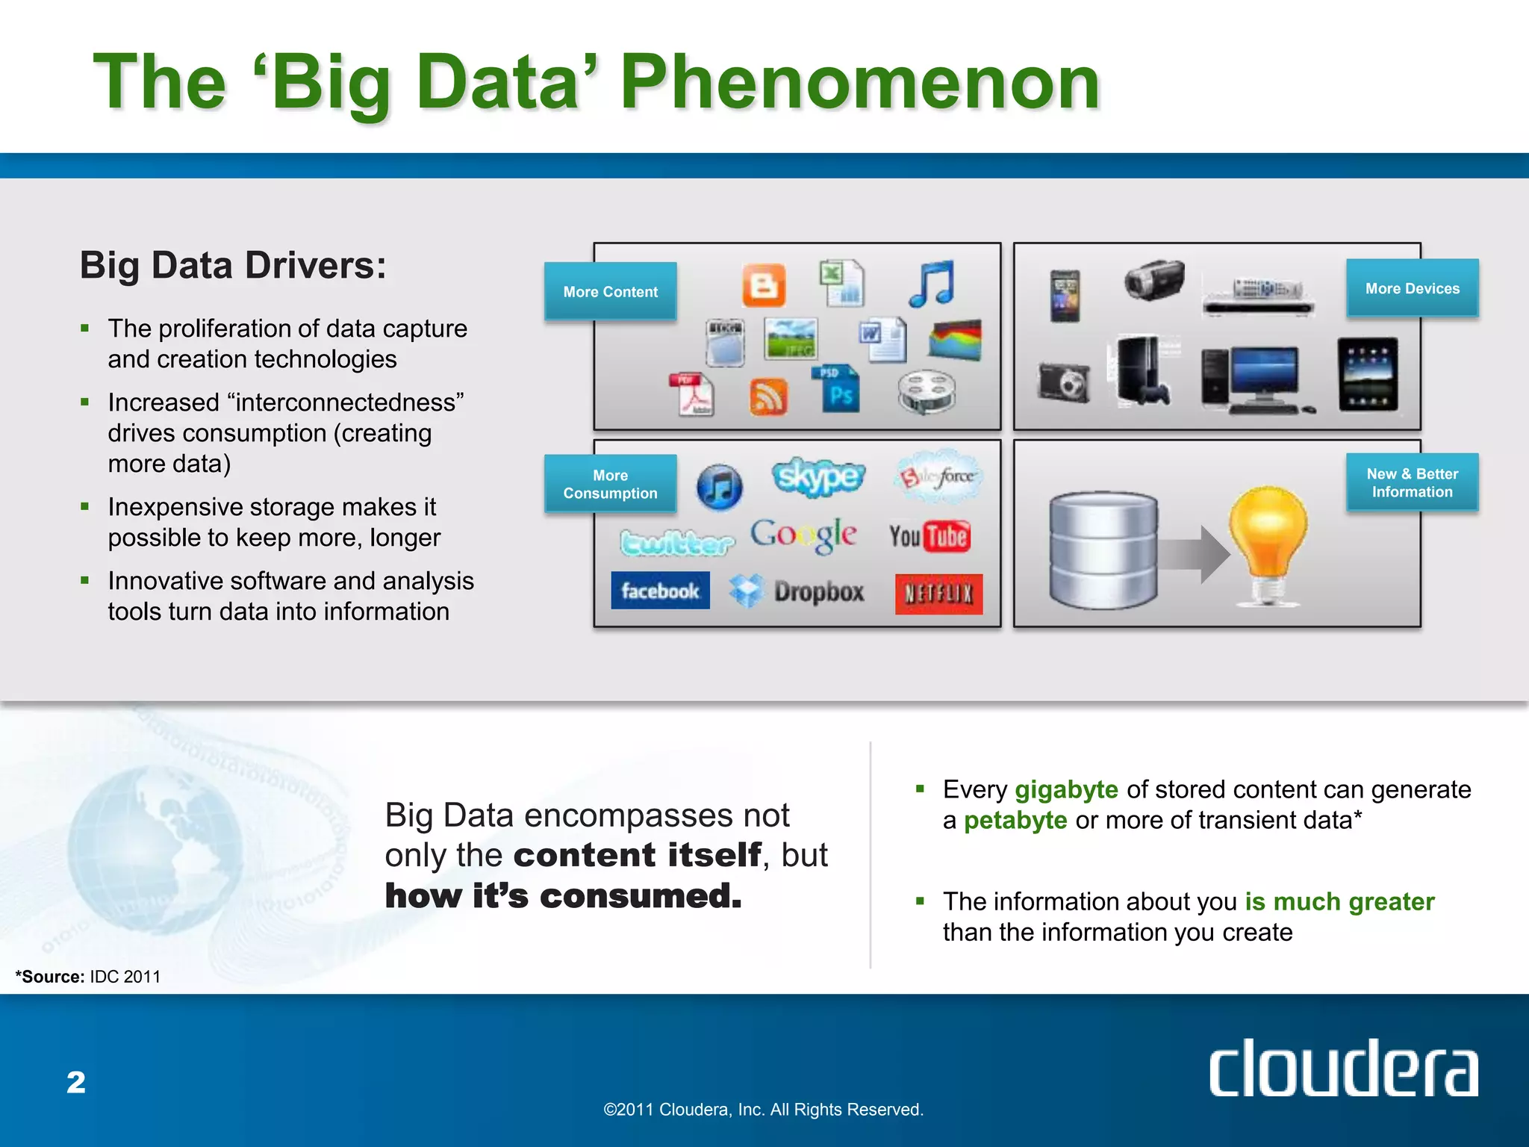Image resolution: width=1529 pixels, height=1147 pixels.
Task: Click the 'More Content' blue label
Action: [610, 291]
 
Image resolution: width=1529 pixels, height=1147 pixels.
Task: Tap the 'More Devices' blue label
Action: [1412, 288]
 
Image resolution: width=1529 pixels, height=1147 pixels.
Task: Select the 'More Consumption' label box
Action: [610, 484]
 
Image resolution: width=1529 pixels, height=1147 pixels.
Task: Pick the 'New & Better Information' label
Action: [1412, 482]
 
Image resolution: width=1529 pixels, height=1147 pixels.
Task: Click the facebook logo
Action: [660, 591]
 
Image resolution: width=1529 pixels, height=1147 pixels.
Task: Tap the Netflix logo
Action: [938, 594]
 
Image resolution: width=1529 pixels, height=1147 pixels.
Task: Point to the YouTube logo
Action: [929, 536]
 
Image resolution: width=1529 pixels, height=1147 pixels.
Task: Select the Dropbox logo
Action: [797, 591]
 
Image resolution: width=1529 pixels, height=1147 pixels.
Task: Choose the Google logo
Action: [803, 535]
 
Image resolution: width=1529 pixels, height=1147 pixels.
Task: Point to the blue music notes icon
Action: [932, 284]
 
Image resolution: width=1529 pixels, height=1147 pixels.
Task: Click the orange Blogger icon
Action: [764, 285]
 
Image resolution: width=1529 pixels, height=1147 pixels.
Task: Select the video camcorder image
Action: [1154, 279]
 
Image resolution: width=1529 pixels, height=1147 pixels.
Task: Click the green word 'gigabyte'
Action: [1066, 789]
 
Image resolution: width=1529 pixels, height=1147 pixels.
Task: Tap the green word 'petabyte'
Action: [1015, 820]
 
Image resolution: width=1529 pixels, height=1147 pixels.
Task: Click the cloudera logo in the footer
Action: [1343, 1068]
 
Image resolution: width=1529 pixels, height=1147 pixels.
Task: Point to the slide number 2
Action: [76, 1082]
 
